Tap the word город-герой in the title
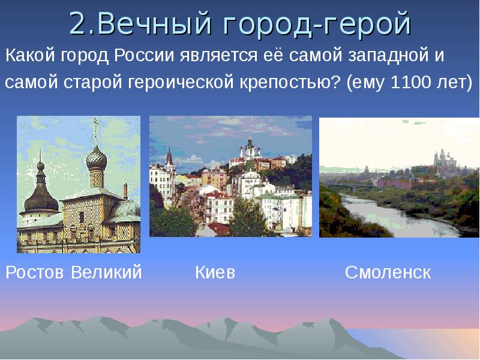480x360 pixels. [312, 24]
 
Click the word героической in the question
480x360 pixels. [176, 82]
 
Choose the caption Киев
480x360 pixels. [215, 272]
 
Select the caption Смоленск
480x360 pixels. [388, 272]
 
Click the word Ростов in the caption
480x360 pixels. [35, 272]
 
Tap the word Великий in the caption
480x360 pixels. [106, 272]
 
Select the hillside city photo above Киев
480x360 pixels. [230, 176]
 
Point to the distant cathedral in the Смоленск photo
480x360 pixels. [443, 157]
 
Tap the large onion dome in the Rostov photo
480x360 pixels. [96, 158]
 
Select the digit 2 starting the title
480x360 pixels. [77, 24]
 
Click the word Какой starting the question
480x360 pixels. [29, 57]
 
